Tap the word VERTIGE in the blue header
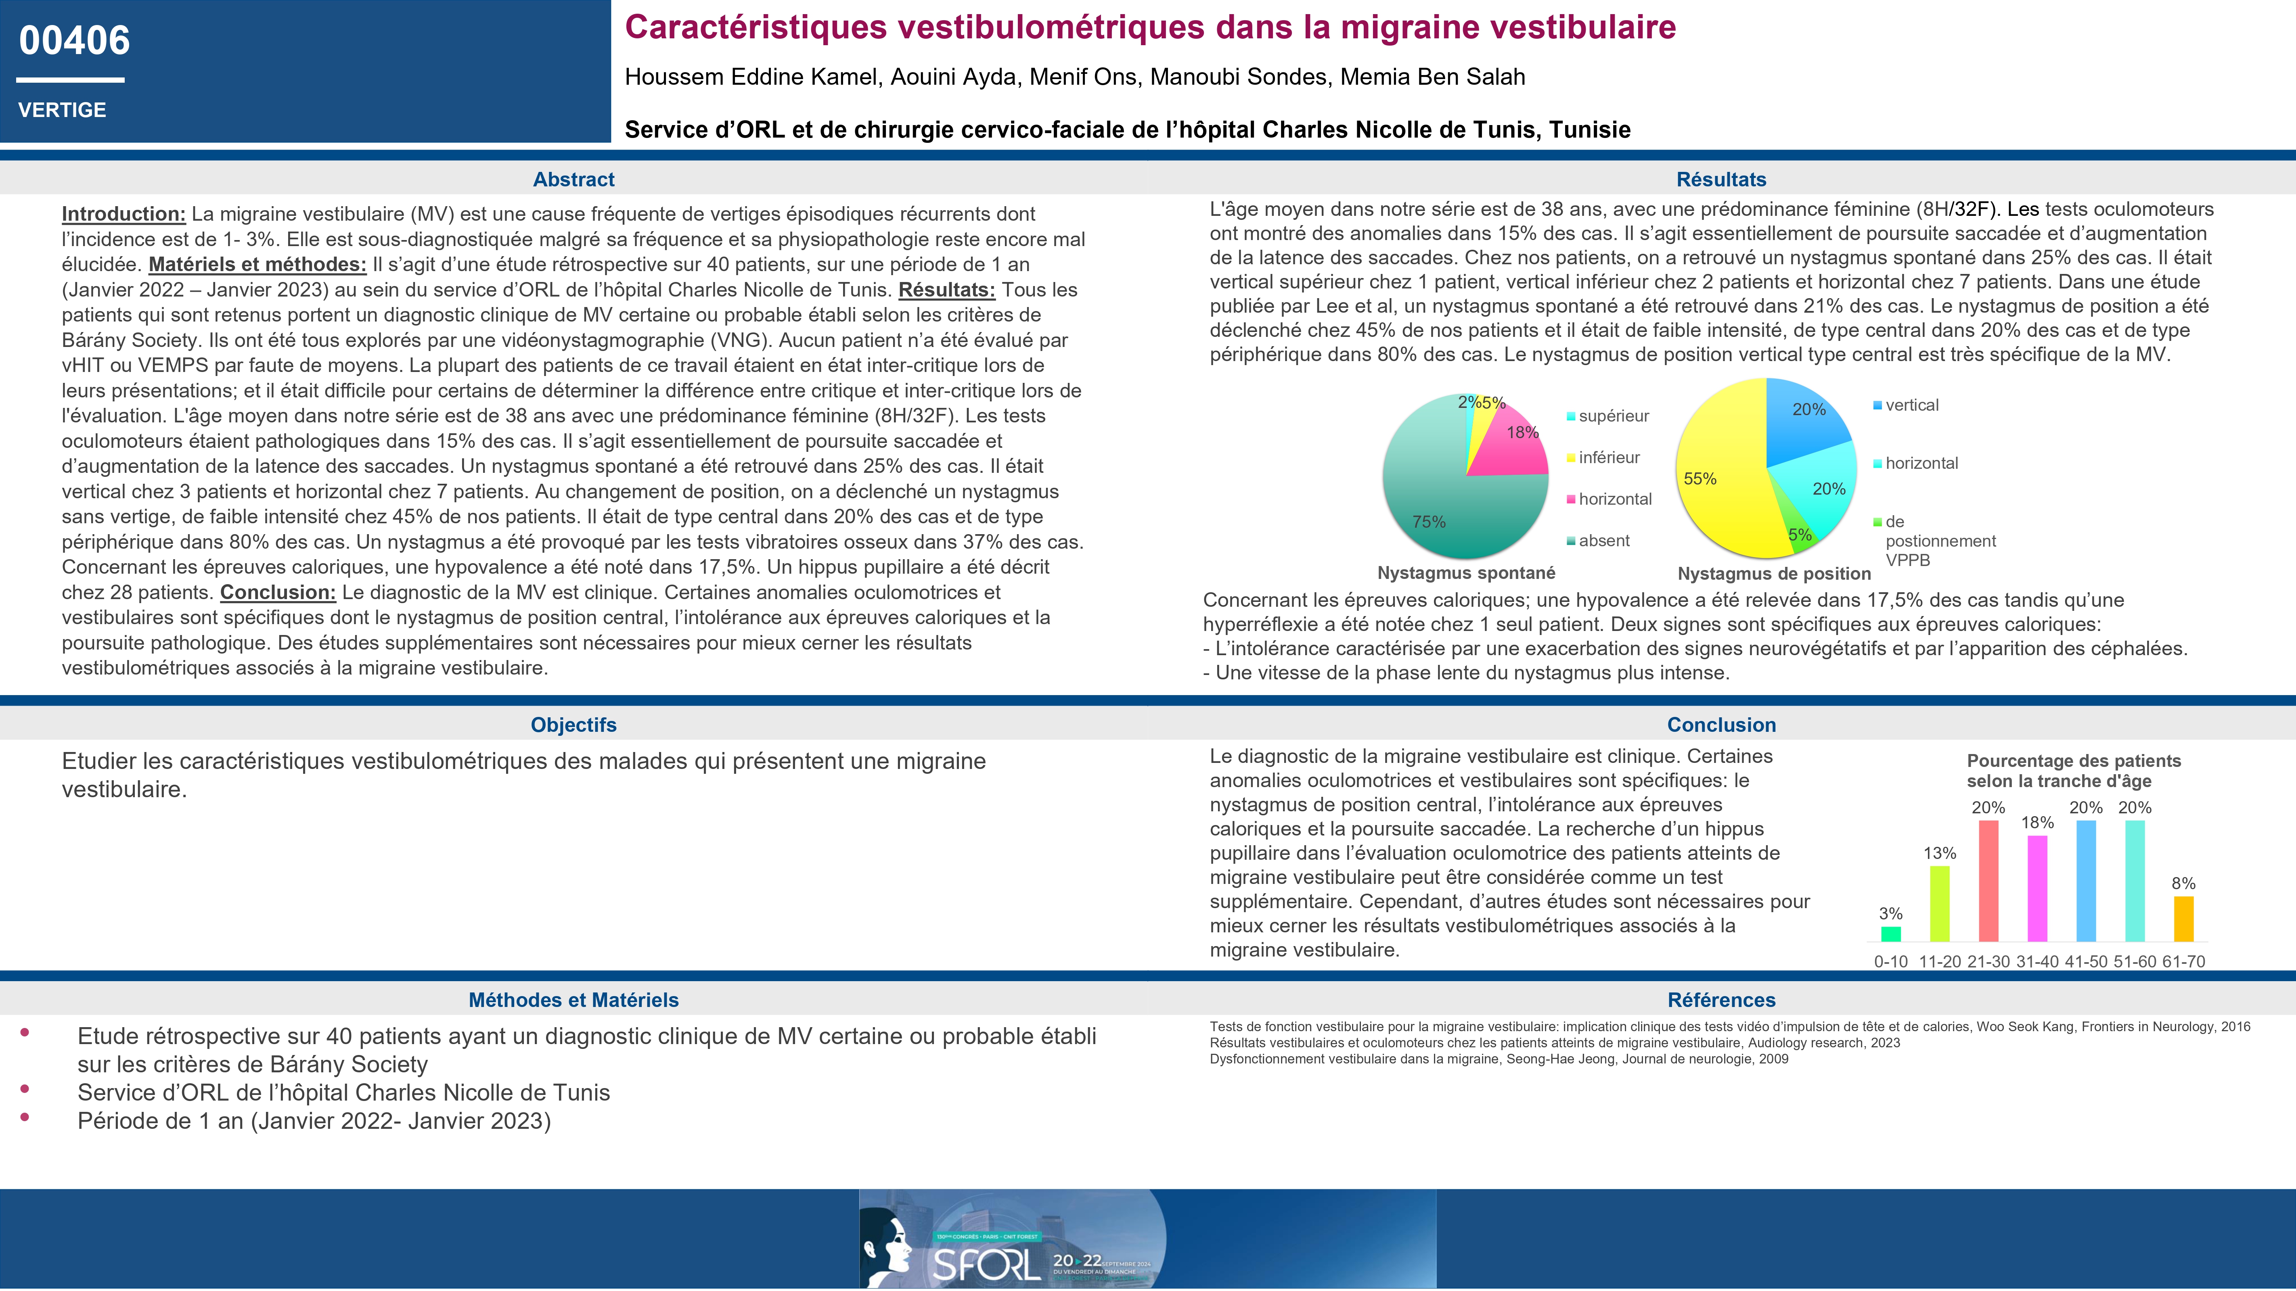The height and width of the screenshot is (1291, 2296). point(63,111)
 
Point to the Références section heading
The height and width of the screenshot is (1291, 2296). point(1721,1001)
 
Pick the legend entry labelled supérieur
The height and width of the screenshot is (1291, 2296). point(1613,416)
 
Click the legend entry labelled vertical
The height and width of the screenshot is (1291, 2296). point(1912,405)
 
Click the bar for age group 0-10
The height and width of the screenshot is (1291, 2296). point(1890,934)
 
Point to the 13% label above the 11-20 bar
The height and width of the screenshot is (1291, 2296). point(1940,854)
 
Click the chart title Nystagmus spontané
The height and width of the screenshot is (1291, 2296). point(1466,573)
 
